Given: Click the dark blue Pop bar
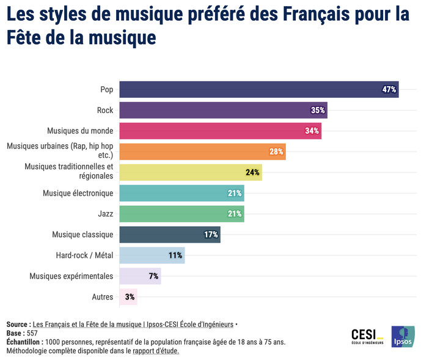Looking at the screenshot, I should point(258,89).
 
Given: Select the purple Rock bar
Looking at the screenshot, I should point(223,110).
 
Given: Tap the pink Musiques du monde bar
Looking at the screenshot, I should point(220,131).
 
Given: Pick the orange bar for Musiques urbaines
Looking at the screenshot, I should point(202,152).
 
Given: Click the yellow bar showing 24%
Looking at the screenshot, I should point(190,172).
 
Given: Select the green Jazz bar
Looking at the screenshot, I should point(181,214).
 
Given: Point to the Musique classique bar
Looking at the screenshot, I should point(169,235).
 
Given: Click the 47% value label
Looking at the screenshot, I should point(389,89).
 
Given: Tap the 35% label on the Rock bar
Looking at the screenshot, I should point(318,110).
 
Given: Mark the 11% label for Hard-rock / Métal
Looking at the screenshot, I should point(175,255).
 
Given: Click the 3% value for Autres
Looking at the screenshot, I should point(130,297).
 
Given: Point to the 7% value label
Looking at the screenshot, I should point(153,276).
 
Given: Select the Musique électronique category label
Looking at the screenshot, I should point(78,193).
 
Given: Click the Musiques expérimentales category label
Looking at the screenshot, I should point(71,276).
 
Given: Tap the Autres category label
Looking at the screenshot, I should point(102,297).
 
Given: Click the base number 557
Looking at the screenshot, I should point(32,333).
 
